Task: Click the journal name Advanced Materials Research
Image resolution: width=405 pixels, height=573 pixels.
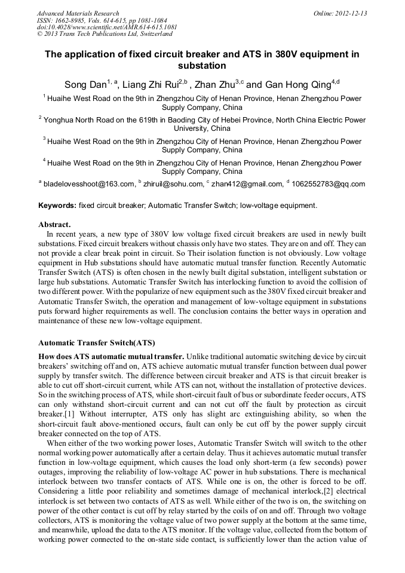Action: coord(78,13)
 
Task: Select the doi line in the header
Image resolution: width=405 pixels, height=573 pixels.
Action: coord(107,27)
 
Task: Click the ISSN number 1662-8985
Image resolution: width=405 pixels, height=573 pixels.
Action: coord(73,20)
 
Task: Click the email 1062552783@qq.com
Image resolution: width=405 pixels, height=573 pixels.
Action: coord(329,184)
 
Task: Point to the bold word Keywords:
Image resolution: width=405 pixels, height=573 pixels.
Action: coord(57,206)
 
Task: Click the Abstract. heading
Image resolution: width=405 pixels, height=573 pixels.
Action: coord(54,225)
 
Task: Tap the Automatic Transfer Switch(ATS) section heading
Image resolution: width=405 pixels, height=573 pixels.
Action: coord(96,343)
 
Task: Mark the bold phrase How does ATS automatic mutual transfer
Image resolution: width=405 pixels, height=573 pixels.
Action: coord(111,357)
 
